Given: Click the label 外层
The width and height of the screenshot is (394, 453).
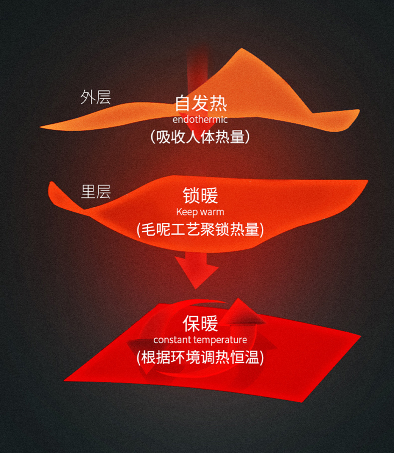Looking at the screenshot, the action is pos(95,97).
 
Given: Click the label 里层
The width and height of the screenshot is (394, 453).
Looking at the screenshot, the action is pos(95,192).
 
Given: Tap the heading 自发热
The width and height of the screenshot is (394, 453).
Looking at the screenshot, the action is pos(200,103).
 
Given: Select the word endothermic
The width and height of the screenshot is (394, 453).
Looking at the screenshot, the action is pos(200,120).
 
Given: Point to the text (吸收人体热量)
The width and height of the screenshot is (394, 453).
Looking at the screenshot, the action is pos(200,137).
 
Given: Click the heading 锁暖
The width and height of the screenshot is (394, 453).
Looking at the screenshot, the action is pos(200,196).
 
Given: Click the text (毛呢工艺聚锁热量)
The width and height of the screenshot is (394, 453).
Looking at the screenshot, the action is pos(200,229).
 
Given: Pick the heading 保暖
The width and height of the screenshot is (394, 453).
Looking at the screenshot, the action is pos(200,324).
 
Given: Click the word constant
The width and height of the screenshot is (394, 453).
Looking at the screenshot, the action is pos(171,340).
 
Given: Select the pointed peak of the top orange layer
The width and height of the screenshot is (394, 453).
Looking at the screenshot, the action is pos(242,50).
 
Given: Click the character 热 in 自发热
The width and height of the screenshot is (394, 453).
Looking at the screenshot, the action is pos(218,103).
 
